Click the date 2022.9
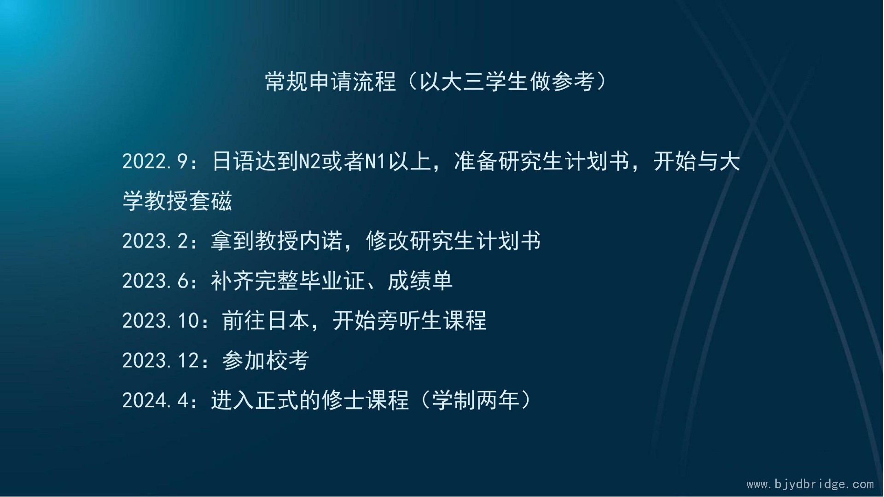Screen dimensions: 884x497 (x=155, y=162)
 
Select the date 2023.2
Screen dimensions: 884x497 (x=155, y=241)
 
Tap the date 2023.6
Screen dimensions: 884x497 (x=155, y=281)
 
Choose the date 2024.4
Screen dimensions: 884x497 (x=155, y=400)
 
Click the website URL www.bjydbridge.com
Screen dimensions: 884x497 (x=810, y=484)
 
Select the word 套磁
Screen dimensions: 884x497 (x=210, y=201)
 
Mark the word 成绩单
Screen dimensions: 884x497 (x=420, y=281)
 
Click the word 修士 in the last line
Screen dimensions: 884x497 (x=343, y=400)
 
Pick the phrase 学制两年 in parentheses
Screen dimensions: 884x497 (x=476, y=400)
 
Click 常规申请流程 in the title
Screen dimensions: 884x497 (x=331, y=81)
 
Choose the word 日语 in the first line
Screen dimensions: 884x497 (x=233, y=162)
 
